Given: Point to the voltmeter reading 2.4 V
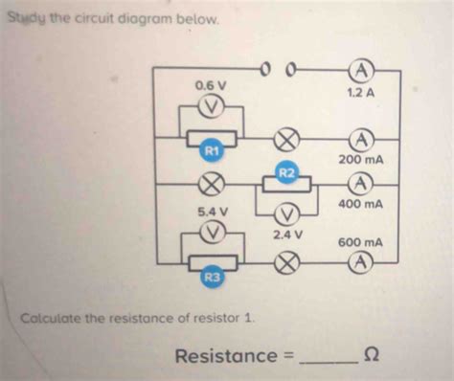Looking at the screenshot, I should [x=286, y=212].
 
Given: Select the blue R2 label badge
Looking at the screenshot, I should [x=285, y=171].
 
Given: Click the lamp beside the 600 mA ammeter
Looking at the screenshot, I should [x=285, y=261].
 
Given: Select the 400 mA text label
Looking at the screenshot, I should [x=360, y=205].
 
